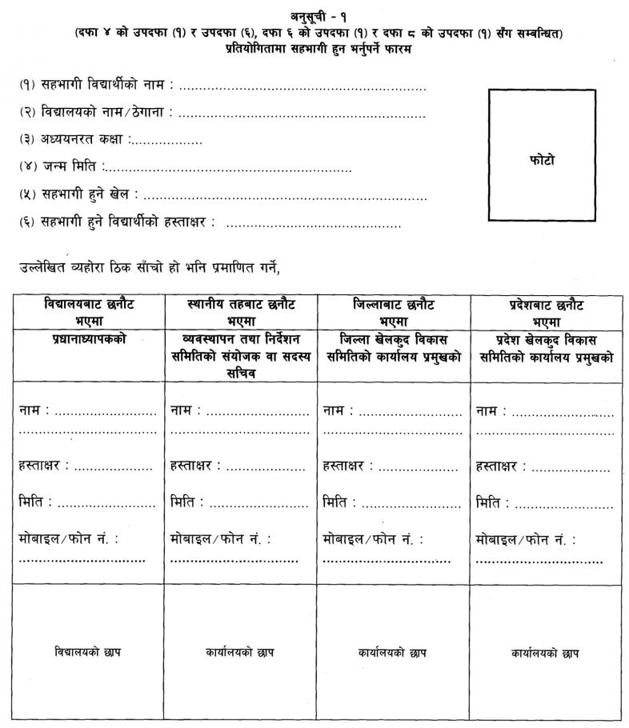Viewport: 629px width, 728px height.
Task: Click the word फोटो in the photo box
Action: pos(542,160)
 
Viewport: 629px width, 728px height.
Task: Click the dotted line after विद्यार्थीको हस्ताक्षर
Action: pos(313,222)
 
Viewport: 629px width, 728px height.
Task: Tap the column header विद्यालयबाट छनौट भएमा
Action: pos(90,311)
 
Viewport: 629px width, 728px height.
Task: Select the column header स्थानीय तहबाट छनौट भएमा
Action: pos(241,311)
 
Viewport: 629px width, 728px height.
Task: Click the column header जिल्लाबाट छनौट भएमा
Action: pos(394,311)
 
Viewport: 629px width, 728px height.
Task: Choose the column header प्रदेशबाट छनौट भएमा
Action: pos(547,311)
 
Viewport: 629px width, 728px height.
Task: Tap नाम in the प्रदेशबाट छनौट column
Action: pos(488,410)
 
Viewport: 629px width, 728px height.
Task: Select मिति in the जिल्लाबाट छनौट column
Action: pos(335,502)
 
